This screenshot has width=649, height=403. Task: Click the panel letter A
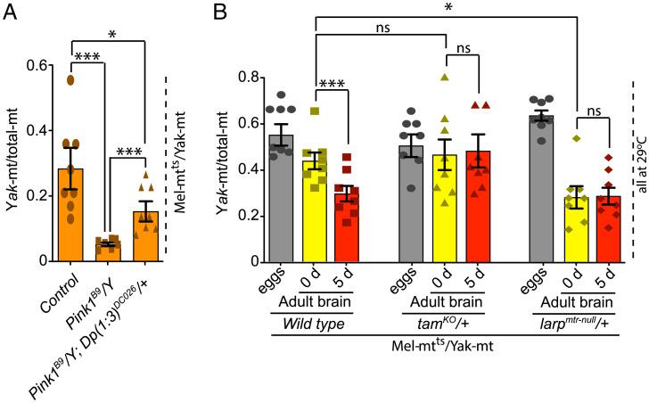click(11, 12)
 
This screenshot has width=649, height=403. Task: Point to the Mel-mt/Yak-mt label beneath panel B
click(442, 342)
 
